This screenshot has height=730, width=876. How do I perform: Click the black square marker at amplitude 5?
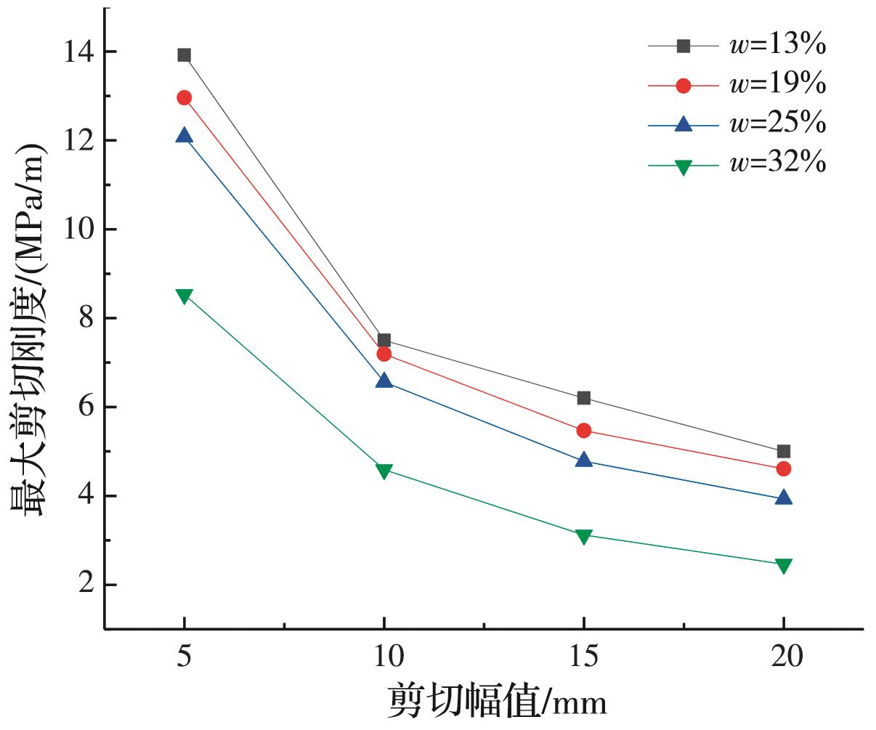coord(184,55)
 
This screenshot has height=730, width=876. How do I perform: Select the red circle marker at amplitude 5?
coord(184,97)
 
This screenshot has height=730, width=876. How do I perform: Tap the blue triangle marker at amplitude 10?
coord(384,381)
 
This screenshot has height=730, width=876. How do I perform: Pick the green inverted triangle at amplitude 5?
coord(184,296)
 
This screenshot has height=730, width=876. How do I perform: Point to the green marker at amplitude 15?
coord(584,536)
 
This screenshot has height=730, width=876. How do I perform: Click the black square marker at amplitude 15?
coord(584,397)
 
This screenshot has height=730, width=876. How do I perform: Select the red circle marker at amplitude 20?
coord(784,469)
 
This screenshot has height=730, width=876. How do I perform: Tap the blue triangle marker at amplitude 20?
coord(784,498)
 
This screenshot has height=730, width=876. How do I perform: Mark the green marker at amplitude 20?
coord(784,566)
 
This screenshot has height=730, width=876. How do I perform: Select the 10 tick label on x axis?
coord(384,657)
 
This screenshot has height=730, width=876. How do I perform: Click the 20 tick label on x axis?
coord(784,657)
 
